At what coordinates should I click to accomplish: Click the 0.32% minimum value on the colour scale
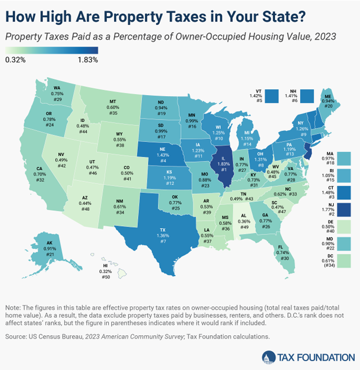tap(15, 59)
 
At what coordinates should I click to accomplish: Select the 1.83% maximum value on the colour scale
tap(88, 59)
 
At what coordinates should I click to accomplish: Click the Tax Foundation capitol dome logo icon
tap(268, 357)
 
